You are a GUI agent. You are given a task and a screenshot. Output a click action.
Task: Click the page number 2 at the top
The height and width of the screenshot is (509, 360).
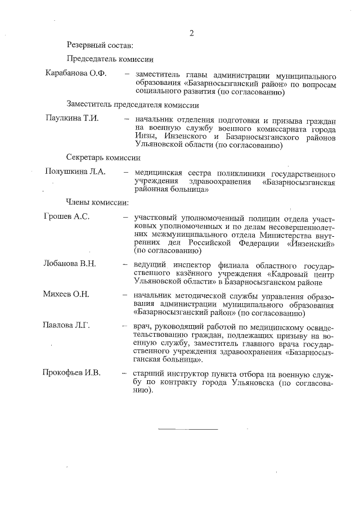[191, 33]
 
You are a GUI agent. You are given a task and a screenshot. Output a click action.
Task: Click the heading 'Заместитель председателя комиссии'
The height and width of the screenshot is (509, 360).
[132, 105]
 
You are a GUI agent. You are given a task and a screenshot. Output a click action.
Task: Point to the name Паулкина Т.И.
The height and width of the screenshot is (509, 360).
[72, 119]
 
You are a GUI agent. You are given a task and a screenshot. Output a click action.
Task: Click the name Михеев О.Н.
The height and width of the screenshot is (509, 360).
[67, 294]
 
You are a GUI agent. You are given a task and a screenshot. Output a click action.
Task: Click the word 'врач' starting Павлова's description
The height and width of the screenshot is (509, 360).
[142, 326]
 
